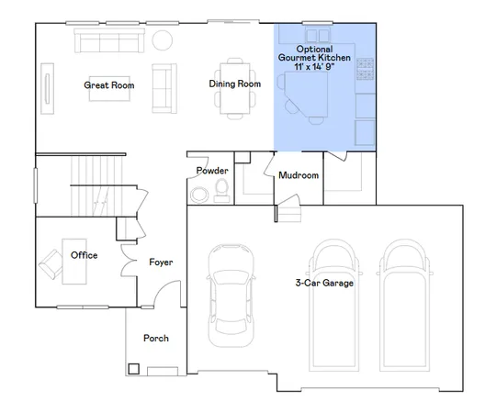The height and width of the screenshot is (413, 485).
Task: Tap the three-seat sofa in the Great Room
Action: [108, 41]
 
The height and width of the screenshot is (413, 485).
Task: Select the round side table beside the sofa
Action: [162, 40]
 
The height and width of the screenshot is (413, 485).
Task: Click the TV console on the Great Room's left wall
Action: [47, 89]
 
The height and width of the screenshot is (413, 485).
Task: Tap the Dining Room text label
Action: [235, 84]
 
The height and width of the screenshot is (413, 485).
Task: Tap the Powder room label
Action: [211, 171]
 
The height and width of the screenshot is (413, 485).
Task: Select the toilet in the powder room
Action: [220, 190]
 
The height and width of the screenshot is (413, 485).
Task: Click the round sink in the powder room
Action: [198, 194]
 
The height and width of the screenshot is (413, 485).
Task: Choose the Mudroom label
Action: [299, 174]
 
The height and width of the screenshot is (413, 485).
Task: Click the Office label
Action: [84, 255]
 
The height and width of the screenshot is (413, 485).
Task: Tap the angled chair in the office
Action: [47, 267]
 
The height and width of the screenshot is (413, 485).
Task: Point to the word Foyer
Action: [161, 262]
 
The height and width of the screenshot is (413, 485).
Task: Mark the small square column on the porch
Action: [134, 370]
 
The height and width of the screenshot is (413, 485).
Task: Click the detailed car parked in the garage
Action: [228, 294]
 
